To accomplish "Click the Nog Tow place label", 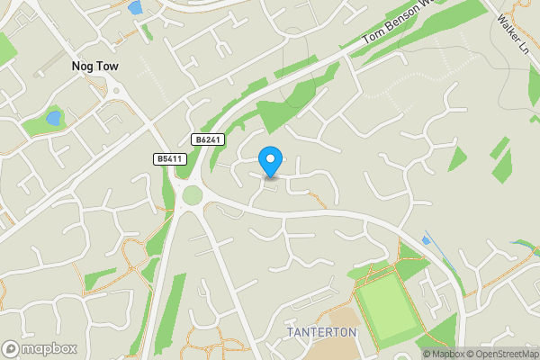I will click(95, 66).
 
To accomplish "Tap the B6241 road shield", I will click(205, 139).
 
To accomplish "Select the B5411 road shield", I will click(166, 159).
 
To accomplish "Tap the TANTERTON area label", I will click(321, 332).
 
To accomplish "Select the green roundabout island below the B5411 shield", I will click(193, 194).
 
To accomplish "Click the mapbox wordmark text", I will click(49, 348).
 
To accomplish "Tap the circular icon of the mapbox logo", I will click(11, 348).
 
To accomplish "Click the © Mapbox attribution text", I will click(444, 354).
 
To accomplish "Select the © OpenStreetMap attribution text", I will click(502, 354).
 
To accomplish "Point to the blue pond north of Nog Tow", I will click(136, 8).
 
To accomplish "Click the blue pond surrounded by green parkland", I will click(53, 118).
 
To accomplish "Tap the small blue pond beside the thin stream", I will click(426, 240).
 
